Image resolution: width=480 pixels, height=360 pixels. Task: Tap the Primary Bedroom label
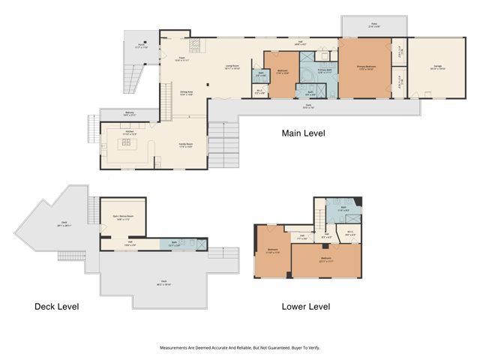click(366, 67)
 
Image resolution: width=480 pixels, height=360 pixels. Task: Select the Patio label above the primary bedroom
click(373, 25)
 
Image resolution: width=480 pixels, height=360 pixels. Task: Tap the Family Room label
click(185, 145)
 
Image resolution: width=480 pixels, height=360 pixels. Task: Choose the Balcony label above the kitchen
click(129, 114)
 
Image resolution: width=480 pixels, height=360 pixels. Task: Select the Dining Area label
click(187, 93)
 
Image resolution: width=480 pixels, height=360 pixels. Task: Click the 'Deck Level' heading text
click(56, 307)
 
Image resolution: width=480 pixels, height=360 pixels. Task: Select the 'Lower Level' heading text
click(305, 307)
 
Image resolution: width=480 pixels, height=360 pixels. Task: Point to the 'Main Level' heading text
click(303, 133)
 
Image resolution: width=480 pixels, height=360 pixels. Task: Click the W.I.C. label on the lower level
click(349, 233)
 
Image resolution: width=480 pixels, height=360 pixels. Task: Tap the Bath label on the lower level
click(343, 210)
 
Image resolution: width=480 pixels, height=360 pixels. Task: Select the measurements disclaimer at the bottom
click(240, 348)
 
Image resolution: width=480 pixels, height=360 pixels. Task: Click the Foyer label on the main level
click(181, 59)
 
